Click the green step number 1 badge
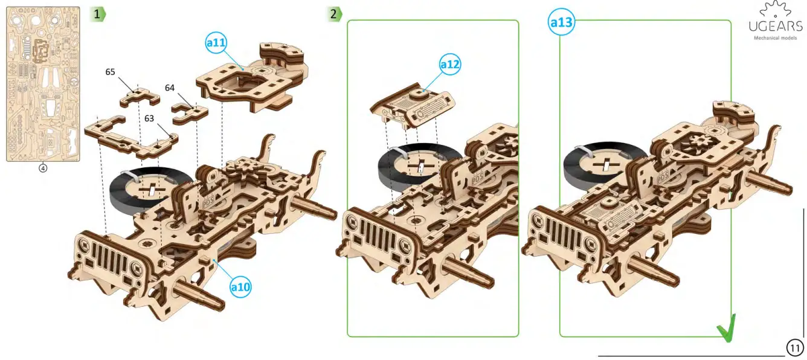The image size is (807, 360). coord(98,14)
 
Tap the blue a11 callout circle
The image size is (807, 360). coord(216,43)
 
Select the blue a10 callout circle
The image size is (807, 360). coord(240,288)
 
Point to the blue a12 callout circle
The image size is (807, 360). coord(449,64)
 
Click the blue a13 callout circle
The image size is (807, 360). coord(561,23)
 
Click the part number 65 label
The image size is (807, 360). coord(110,72)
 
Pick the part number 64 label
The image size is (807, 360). coord(170,88)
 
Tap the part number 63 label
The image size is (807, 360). coord(149,118)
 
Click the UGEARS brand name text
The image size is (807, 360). coord(776,26)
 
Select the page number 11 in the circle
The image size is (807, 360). coord(795,348)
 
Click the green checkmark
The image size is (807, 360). coord(726,329)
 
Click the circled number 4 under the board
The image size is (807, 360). coord(43,168)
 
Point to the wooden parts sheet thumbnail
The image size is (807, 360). coord(43,84)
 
